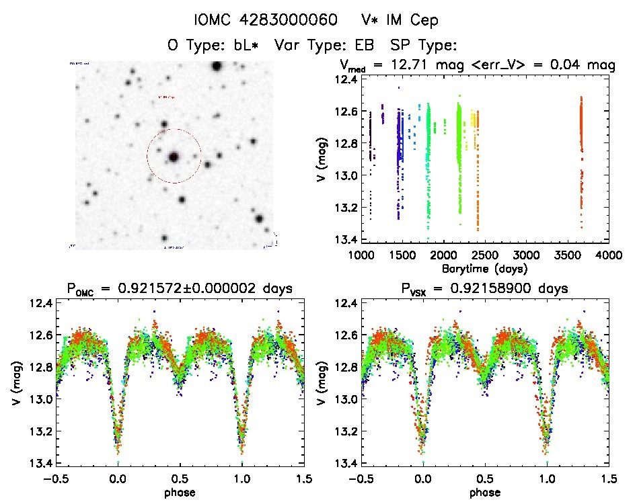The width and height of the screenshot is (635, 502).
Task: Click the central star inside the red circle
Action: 174,157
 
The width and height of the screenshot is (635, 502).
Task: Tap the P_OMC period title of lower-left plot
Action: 179,289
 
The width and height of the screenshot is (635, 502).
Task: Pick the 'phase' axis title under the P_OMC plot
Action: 180,492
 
